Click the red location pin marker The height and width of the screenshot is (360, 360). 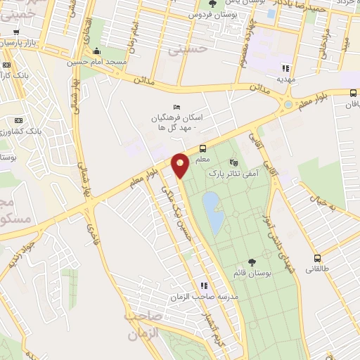click(x=180, y=166)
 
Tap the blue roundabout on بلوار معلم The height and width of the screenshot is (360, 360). click(x=288, y=105)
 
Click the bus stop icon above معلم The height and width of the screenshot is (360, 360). click(x=202, y=148)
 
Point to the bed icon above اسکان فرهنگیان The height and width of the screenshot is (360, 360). click(x=177, y=104)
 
